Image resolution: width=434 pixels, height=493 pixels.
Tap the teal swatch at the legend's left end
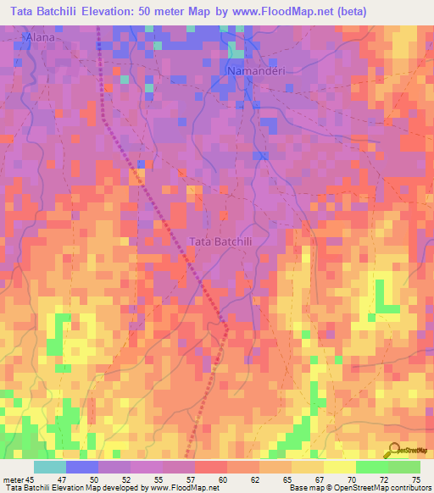click(50, 467)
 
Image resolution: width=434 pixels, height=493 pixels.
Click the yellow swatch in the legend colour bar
click(339, 467)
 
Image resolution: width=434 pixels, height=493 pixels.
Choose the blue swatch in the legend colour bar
click(82, 467)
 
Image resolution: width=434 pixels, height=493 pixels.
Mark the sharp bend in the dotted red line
click(227, 325)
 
